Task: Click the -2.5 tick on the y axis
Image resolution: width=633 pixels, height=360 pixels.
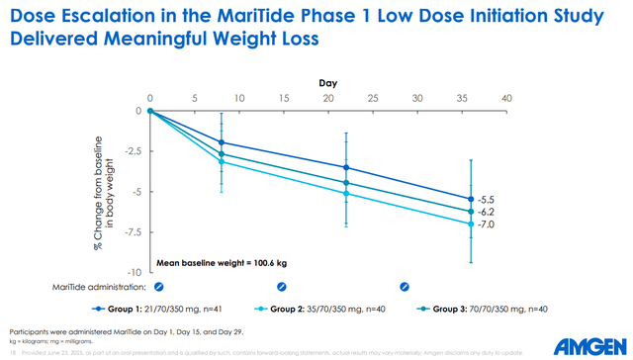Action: pyautogui.click(x=130, y=151)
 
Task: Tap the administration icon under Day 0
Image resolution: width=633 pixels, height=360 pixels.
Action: pyautogui.click(x=151, y=287)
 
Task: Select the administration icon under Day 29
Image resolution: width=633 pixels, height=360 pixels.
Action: pyautogui.click(x=404, y=287)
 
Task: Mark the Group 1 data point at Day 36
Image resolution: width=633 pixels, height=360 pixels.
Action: pyautogui.click(x=470, y=199)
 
